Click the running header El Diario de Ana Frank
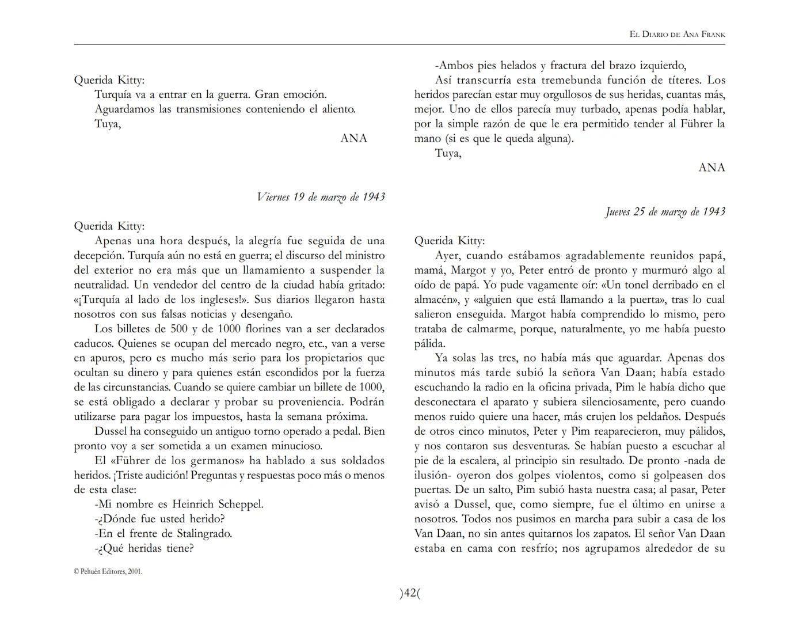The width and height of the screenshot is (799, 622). coord(677,35)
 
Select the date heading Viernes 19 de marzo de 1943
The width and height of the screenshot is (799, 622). coord(321,197)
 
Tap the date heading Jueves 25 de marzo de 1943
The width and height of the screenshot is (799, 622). coord(665,211)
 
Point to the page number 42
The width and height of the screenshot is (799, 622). coord(410,593)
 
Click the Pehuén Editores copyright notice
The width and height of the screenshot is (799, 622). coord(108,571)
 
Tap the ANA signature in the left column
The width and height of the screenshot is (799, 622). coord(353,138)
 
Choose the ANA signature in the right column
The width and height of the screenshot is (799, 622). coord(712,168)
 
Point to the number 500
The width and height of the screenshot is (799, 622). coord(180,329)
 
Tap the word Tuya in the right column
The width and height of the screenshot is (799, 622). coord(448,153)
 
